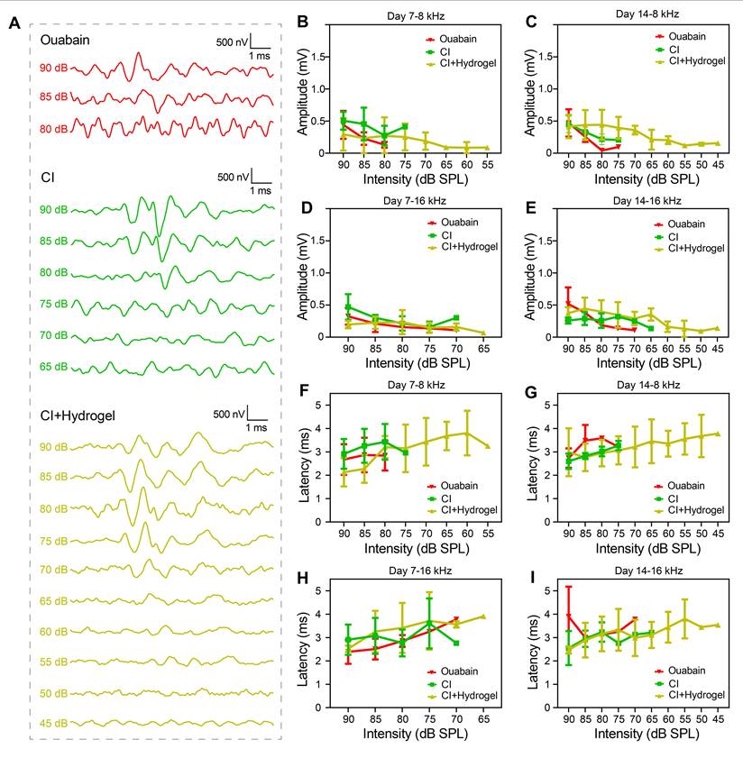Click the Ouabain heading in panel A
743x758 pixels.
point(66,41)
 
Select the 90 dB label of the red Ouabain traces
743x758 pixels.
point(53,68)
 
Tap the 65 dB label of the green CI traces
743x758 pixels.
point(53,367)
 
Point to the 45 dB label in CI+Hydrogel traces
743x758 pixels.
point(53,723)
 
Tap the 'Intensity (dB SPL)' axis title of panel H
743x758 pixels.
point(417,735)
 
